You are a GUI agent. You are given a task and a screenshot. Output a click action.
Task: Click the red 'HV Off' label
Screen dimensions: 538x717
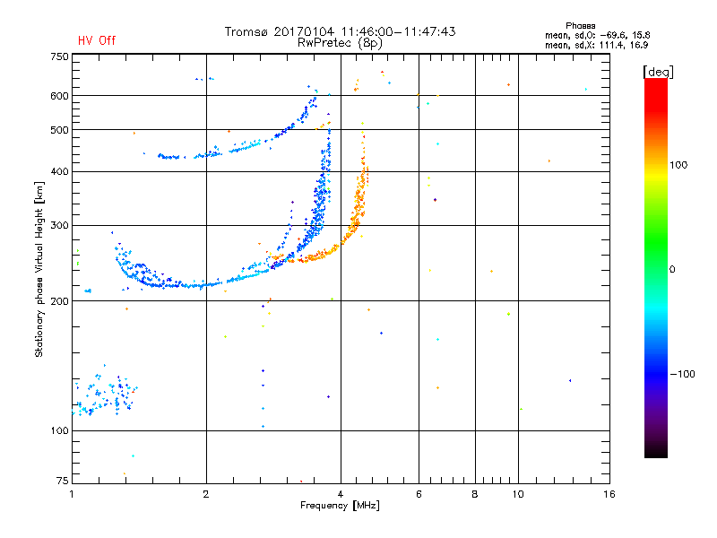[97, 40]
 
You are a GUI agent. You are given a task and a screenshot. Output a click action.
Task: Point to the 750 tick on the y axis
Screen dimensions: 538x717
[59, 56]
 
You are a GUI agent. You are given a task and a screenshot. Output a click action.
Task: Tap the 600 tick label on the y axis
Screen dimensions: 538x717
[59, 95]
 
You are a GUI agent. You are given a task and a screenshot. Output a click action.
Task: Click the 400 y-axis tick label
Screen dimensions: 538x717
[59, 171]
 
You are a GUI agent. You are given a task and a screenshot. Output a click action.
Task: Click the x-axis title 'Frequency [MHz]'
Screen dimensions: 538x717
[340, 506]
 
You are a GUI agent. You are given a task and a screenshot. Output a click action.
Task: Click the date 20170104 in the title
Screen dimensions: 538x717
[306, 31]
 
